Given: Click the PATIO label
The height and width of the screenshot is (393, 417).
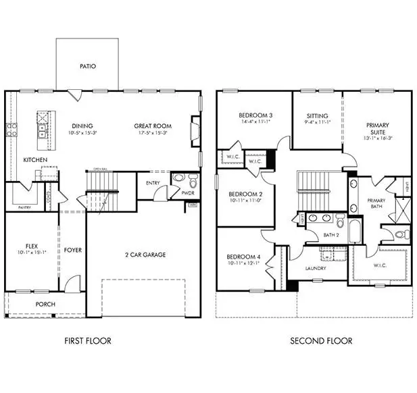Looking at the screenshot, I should [87, 66].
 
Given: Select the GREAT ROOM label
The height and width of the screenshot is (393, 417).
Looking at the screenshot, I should [152, 126].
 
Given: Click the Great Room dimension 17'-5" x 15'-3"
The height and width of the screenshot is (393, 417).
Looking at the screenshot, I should [152, 134].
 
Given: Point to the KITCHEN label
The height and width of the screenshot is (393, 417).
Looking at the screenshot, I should [34, 160].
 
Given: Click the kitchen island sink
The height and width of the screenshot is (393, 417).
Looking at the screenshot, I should [42, 127].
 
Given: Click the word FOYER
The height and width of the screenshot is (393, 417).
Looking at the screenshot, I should [72, 251].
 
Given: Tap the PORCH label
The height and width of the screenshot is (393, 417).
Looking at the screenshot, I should [45, 305].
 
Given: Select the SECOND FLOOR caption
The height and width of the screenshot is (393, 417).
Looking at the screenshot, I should [320, 341].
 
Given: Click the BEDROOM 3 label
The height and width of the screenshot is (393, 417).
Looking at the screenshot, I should [255, 116].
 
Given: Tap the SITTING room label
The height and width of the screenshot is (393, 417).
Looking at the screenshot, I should [317, 116].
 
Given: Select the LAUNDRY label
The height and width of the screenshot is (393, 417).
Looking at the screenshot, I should [316, 268].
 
